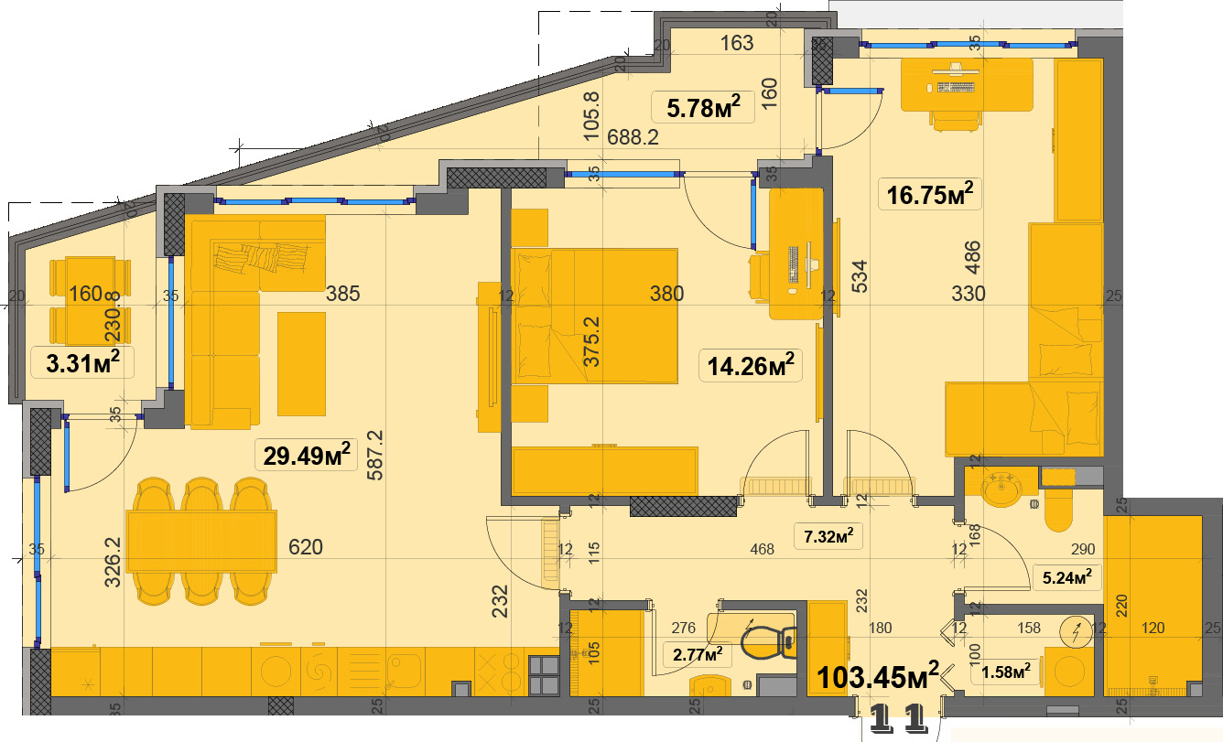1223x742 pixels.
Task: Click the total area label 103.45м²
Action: (878, 677)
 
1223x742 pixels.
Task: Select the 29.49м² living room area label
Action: (308, 455)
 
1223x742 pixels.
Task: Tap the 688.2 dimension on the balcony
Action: (633, 137)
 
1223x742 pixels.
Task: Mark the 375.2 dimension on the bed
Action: (592, 342)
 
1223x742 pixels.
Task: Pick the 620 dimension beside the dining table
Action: (306, 548)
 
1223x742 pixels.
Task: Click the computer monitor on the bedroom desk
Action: (791, 264)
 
